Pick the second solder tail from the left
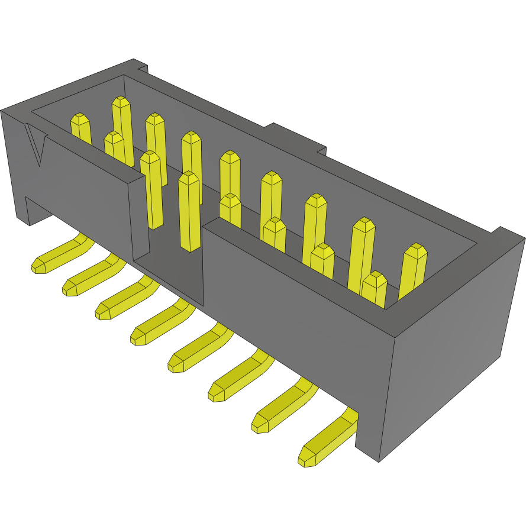[89, 277]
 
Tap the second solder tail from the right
[282, 408]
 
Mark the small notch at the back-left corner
[140, 66]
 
